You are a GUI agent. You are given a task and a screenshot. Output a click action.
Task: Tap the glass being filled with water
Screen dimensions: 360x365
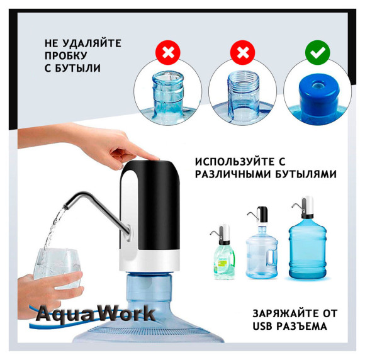[57, 268]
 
